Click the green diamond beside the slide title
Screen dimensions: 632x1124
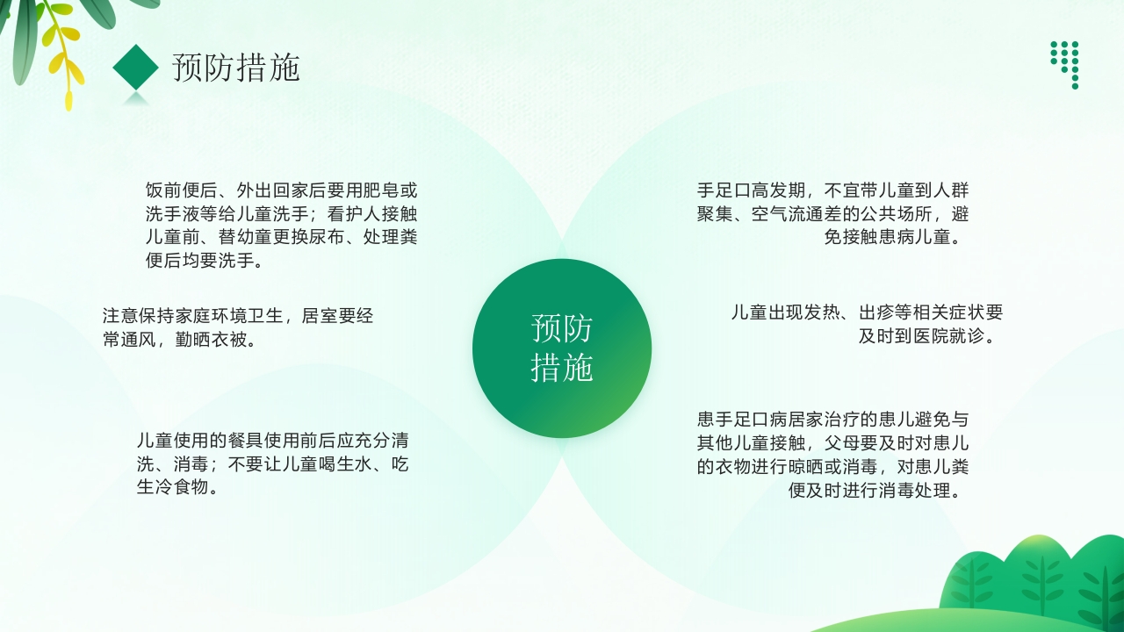(x=135, y=67)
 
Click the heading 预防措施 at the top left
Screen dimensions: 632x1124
(x=236, y=68)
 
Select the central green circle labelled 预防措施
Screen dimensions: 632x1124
(x=562, y=348)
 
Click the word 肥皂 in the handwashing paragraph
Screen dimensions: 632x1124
(x=372, y=190)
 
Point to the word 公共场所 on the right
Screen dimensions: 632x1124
(x=886, y=214)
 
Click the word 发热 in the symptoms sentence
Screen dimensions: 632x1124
(x=822, y=312)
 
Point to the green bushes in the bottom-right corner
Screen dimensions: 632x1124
(x=1036, y=579)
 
